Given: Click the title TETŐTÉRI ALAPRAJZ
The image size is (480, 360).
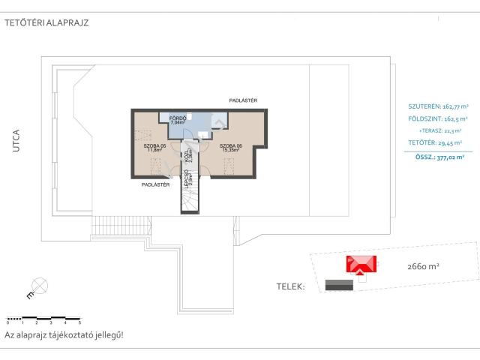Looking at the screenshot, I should pyautogui.click(x=46, y=22).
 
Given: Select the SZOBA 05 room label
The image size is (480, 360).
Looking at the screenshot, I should pyautogui.click(x=155, y=145).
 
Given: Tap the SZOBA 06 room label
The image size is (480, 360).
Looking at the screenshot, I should pyautogui.click(x=231, y=145).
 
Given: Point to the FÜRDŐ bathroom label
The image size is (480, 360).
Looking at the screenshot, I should pyautogui.click(x=177, y=118).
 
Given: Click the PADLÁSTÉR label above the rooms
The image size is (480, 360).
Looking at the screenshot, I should pyautogui.click(x=244, y=100).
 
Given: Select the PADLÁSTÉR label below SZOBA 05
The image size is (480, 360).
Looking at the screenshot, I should pyautogui.click(x=155, y=184).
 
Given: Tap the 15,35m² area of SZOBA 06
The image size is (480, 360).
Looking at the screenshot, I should pyautogui.click(x=231, y=151).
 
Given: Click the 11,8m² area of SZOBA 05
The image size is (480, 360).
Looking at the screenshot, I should pyautogui.click(x=155, y=151).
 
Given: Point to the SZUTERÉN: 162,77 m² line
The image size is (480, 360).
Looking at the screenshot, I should pyautogui.click(x=438, y=106).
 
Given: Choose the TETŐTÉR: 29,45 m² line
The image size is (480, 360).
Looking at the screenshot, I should pyautogui.click(x=436, y=142).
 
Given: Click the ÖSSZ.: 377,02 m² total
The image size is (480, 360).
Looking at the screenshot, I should pyautogui.click(x=439, y=157).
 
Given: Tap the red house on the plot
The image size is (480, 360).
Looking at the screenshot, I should pyautogui.click(x=361, y=265).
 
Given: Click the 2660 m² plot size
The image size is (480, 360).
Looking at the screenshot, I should pyautogui.click(x=423, y=266).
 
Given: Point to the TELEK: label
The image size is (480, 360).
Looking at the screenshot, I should pyautogui.click(x=291, y=286).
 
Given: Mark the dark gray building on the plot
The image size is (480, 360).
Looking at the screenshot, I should pyautogui.click(x=339, y=284).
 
